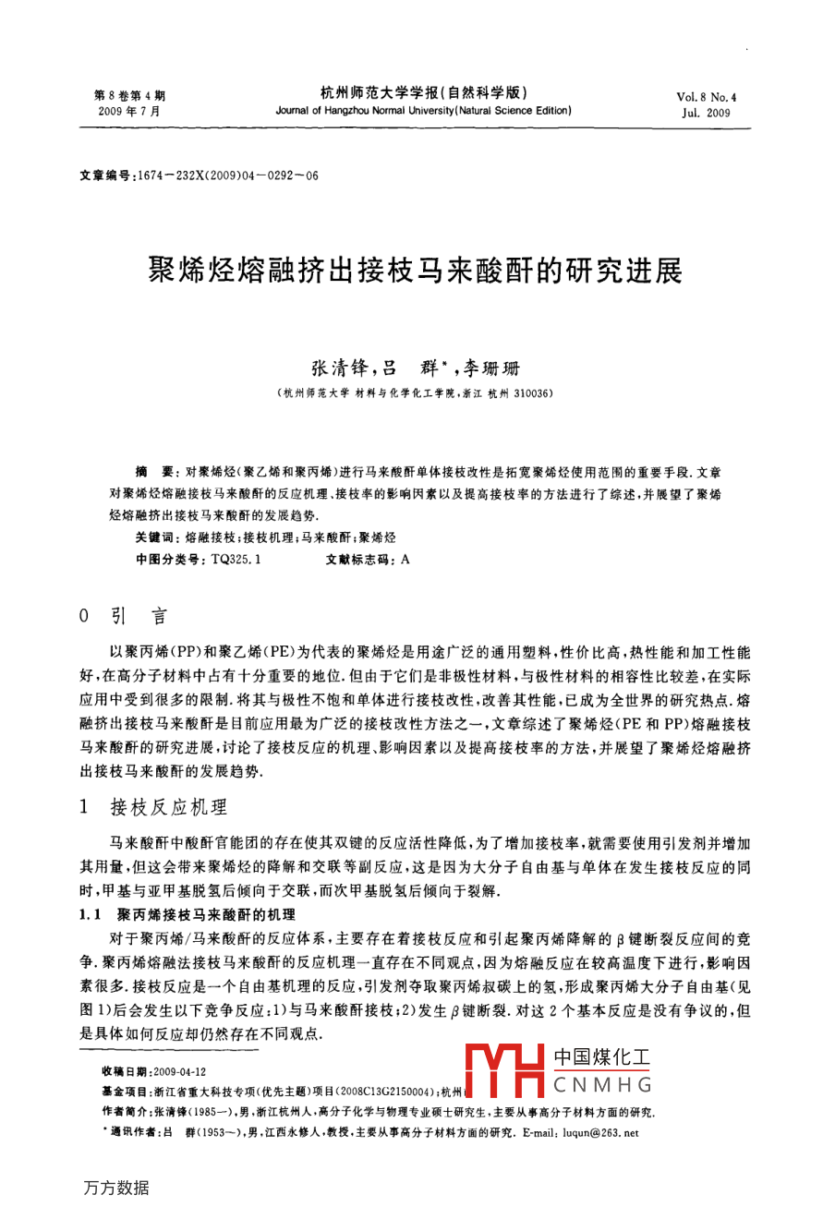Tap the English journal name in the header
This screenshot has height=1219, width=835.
(423, 110)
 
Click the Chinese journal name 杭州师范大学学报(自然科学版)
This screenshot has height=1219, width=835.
(423, 93)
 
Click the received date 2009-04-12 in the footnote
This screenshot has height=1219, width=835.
(181, 1070)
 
